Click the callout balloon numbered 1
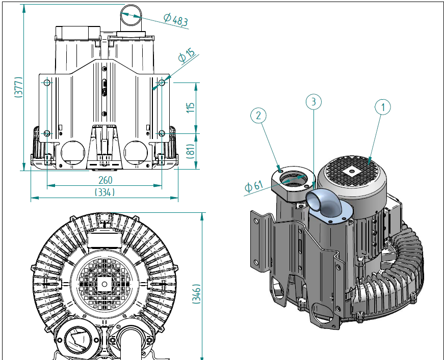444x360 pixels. click(382, 107)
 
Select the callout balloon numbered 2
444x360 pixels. click(258, 116)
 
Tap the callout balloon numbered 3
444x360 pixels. click(314, 101)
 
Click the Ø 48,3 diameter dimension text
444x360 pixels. click(176, 19)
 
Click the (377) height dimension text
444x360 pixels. click(18, 87)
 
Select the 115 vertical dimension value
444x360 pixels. click(191, 108)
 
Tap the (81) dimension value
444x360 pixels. click(191, 151)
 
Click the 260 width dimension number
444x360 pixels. click(106, 180)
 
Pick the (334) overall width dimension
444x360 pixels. click(105, 192)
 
